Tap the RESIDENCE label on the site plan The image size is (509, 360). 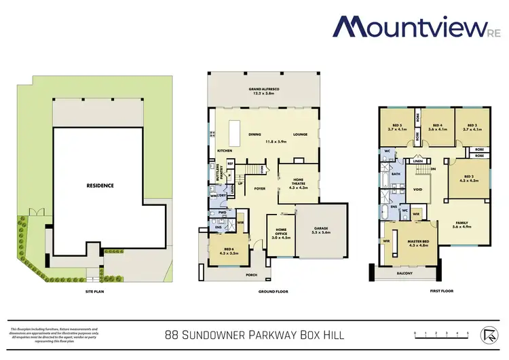point(99,185)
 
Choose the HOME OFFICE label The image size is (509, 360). point(281,235)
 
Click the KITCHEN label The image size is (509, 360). point(225,151)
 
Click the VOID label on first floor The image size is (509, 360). point(418,190)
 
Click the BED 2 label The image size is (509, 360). point(470,178)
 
